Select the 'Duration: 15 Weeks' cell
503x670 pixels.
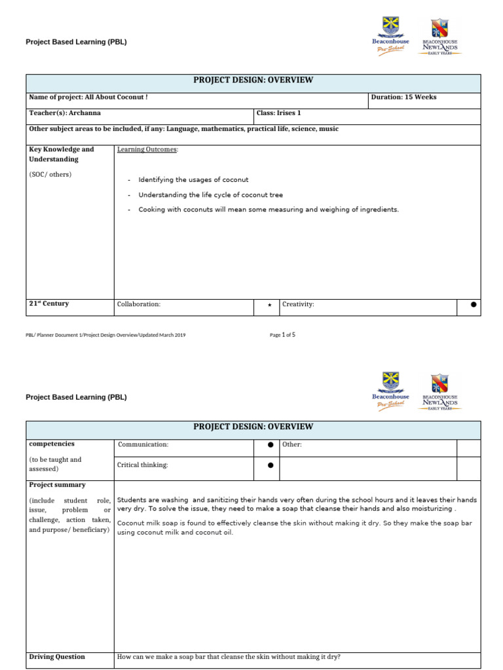click(403, 97)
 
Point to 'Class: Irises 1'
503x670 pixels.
click(278, 113)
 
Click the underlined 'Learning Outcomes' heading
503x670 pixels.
click(147, 150)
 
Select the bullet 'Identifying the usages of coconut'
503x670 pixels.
click(193, 180)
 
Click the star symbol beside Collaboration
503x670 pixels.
click(269, 305)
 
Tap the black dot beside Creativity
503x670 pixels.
click(474, 304)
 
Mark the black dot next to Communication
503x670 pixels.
click(270, 445)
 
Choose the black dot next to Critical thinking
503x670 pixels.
click(270, 466)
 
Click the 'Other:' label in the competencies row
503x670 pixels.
click(291, 445)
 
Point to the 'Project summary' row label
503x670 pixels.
click(57, 485)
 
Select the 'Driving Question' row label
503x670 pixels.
click(57, 657)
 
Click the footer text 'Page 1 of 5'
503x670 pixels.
click(282, 335)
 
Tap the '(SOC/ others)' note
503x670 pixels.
click(50, 175)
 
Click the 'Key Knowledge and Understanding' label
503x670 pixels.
click(62, 154)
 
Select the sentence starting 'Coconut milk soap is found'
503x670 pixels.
click(303, 528)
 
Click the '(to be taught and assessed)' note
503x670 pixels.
click(55, 464)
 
